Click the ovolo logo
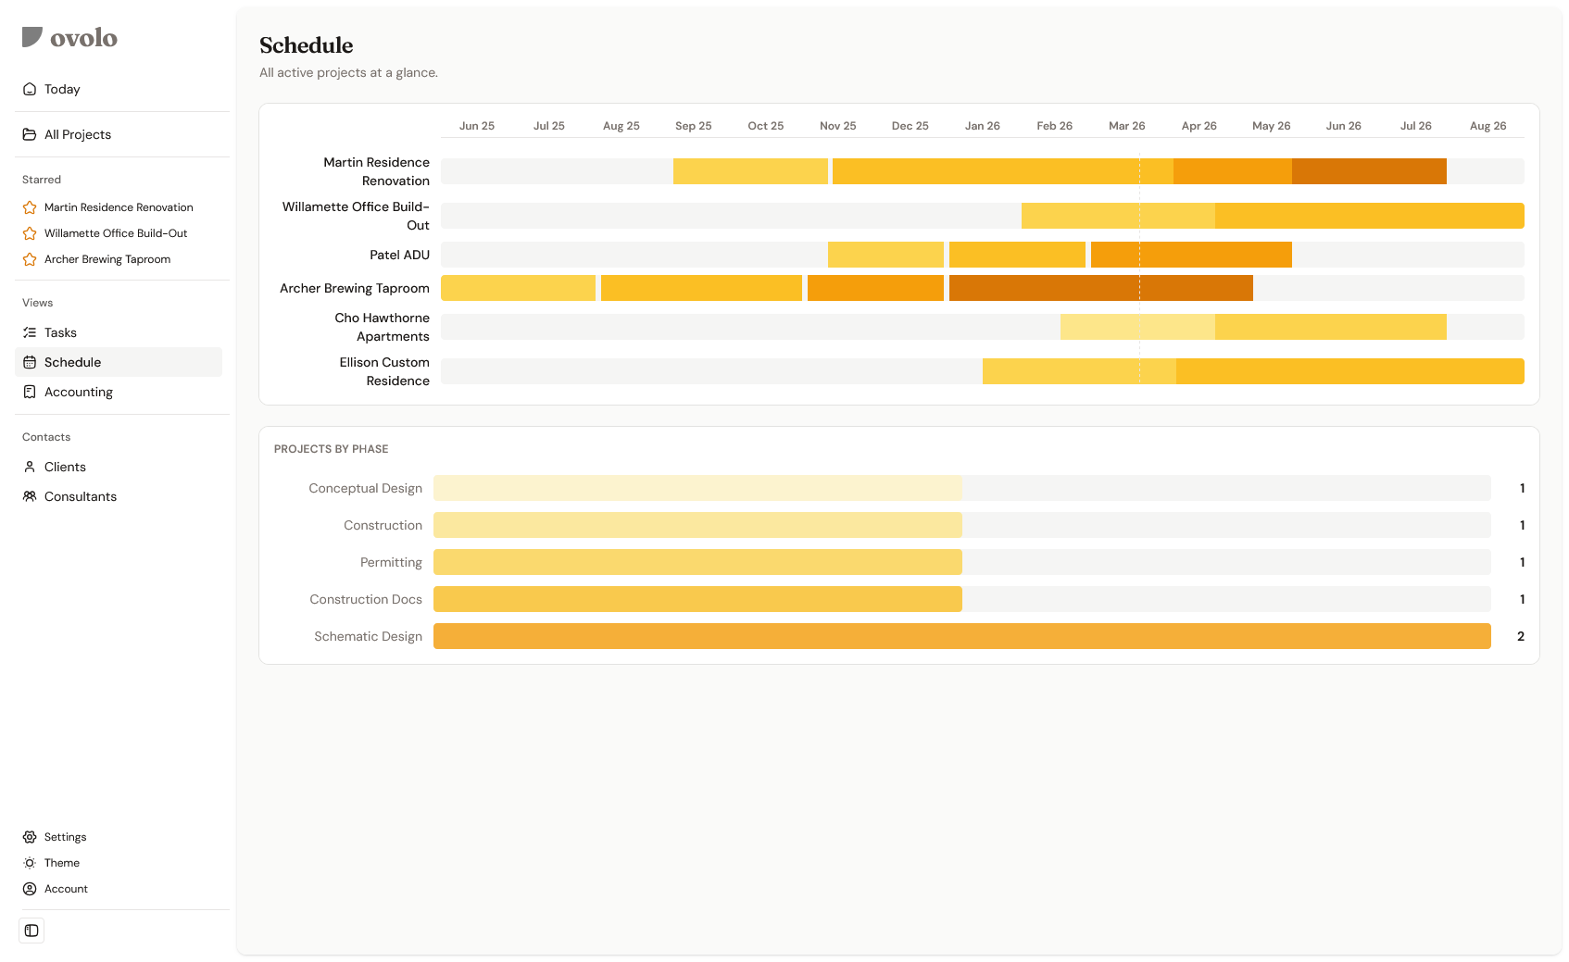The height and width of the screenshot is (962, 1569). point(69,37)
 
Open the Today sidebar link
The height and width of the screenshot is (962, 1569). point(62,89)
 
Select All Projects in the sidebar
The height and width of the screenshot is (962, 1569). point(78,134)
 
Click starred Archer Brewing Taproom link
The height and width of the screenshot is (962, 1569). point(107,259)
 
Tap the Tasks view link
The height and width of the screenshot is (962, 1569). point(60,332)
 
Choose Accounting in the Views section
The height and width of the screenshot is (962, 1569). point(79,392)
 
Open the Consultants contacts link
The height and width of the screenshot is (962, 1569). point(81,496)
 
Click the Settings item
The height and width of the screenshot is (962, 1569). point(65,837)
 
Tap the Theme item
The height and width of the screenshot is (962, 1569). point(62,863)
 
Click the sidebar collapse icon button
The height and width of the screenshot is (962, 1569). point(31,931)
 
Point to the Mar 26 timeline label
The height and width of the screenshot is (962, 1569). point(1126,126)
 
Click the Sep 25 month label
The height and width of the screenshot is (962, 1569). point(693,126)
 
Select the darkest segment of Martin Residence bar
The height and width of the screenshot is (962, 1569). point(1369,171)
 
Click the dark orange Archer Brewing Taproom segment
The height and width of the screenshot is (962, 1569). point(1100,288)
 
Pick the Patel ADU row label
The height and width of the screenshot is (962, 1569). point(399,255)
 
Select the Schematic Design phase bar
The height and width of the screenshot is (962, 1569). point(961,636)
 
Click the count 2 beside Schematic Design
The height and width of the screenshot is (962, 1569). point(1520,636)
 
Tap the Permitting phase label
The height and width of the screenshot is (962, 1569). point(391,562)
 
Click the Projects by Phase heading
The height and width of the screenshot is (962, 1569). point(331,449)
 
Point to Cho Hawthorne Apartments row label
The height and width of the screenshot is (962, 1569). point(382,327)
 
